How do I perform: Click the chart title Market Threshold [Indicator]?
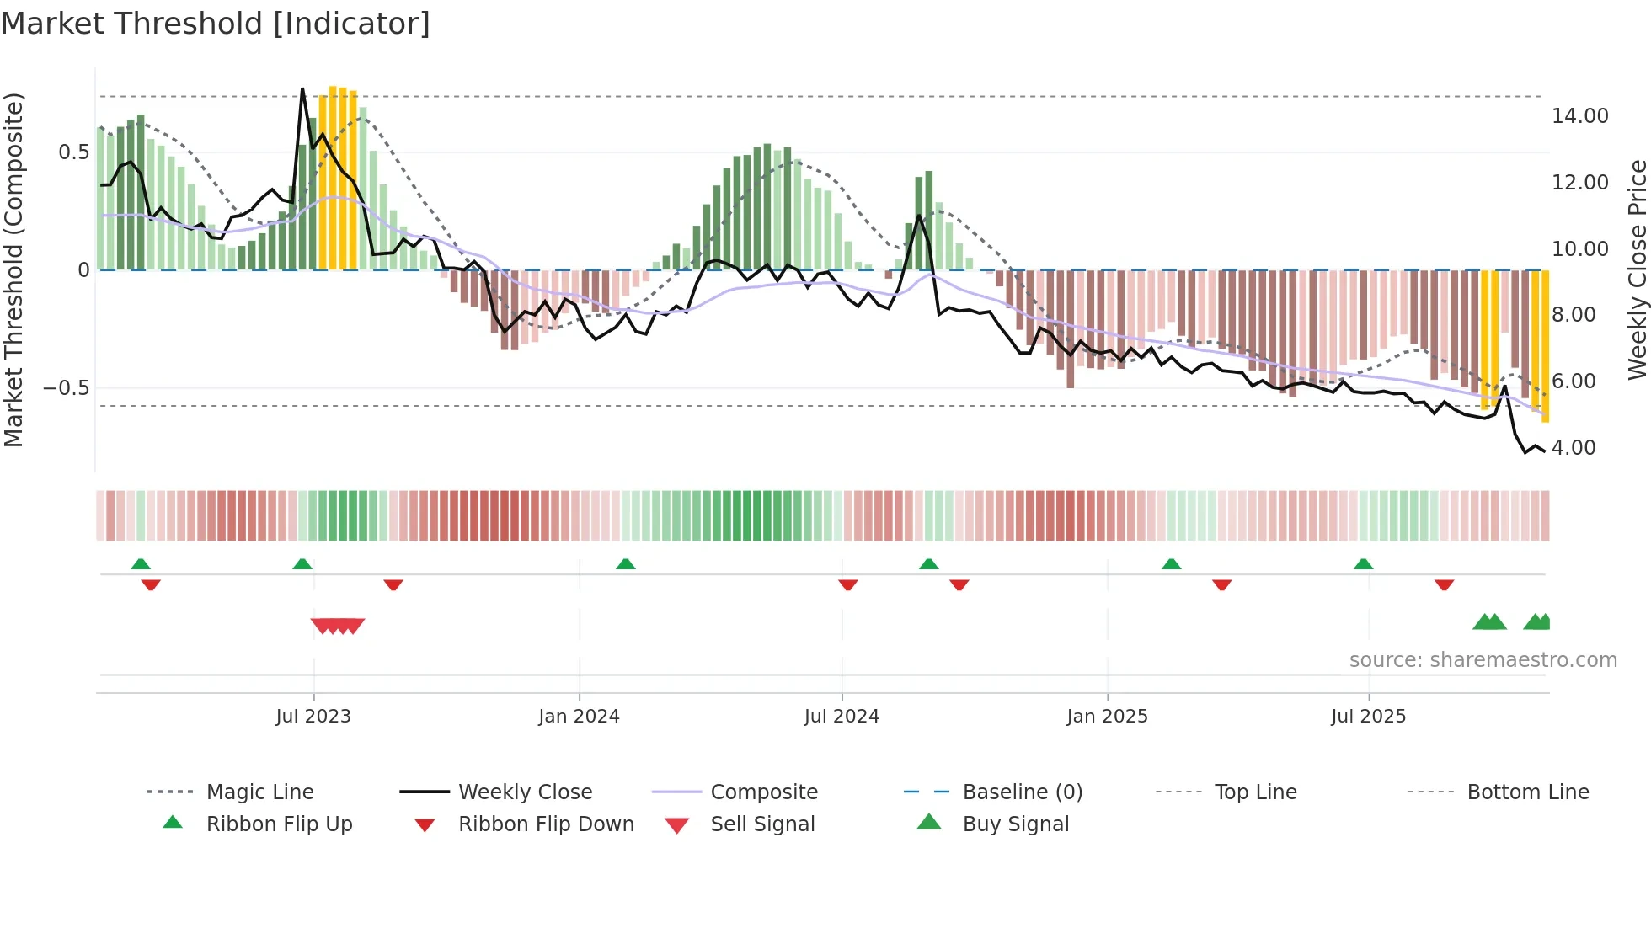point(216,24)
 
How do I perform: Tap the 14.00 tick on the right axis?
point(1579,116)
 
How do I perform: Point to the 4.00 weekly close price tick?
point(1574,448)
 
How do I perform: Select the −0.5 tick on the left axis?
point(66,388)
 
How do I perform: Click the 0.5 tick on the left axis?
point(73,152)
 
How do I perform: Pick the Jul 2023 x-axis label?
point(313,717)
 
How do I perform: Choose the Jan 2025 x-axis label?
point(1107,717)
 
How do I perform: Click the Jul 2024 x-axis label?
point(842,717)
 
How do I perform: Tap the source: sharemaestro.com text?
point(1483,660)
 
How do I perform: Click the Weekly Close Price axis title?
point(1637,269)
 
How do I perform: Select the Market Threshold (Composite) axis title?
point(13,269)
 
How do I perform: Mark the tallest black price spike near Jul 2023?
point(303,89)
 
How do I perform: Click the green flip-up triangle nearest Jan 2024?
point(625,564)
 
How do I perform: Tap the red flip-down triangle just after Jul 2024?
point(848,584)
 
